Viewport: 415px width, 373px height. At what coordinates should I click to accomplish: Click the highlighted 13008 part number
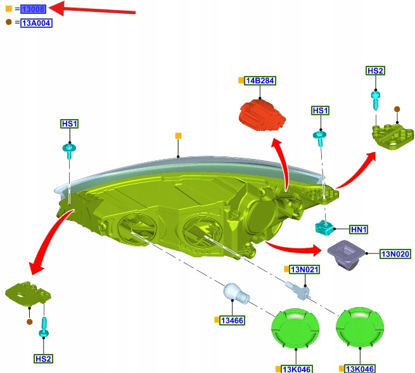[x=33, y=9]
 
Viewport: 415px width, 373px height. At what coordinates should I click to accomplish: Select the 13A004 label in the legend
[x=36, y=23]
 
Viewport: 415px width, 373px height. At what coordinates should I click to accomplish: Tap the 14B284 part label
[x=260, y=81]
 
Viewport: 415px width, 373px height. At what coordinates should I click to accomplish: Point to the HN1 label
[x=359, y=229]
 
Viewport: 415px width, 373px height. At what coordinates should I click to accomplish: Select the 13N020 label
[x=395, y=254]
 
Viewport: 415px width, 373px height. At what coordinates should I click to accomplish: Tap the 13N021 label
[x=305, y=269]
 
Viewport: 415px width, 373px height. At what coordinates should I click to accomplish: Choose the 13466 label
[x=233, y=320]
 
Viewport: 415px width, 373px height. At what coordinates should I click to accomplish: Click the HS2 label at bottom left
[x=43, y=358]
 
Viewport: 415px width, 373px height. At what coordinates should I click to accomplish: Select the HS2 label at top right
[x=375, y=71]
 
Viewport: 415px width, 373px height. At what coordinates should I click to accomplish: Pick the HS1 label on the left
[x=70, y=123]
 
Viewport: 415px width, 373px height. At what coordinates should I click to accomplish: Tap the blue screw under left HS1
[x=69, y=151]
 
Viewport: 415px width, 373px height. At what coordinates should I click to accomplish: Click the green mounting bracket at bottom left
[x=27, y=293]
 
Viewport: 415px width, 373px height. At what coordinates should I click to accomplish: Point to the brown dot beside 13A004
[x=8, y=22]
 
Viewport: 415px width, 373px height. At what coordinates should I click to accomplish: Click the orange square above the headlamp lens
[x=178, y=136]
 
